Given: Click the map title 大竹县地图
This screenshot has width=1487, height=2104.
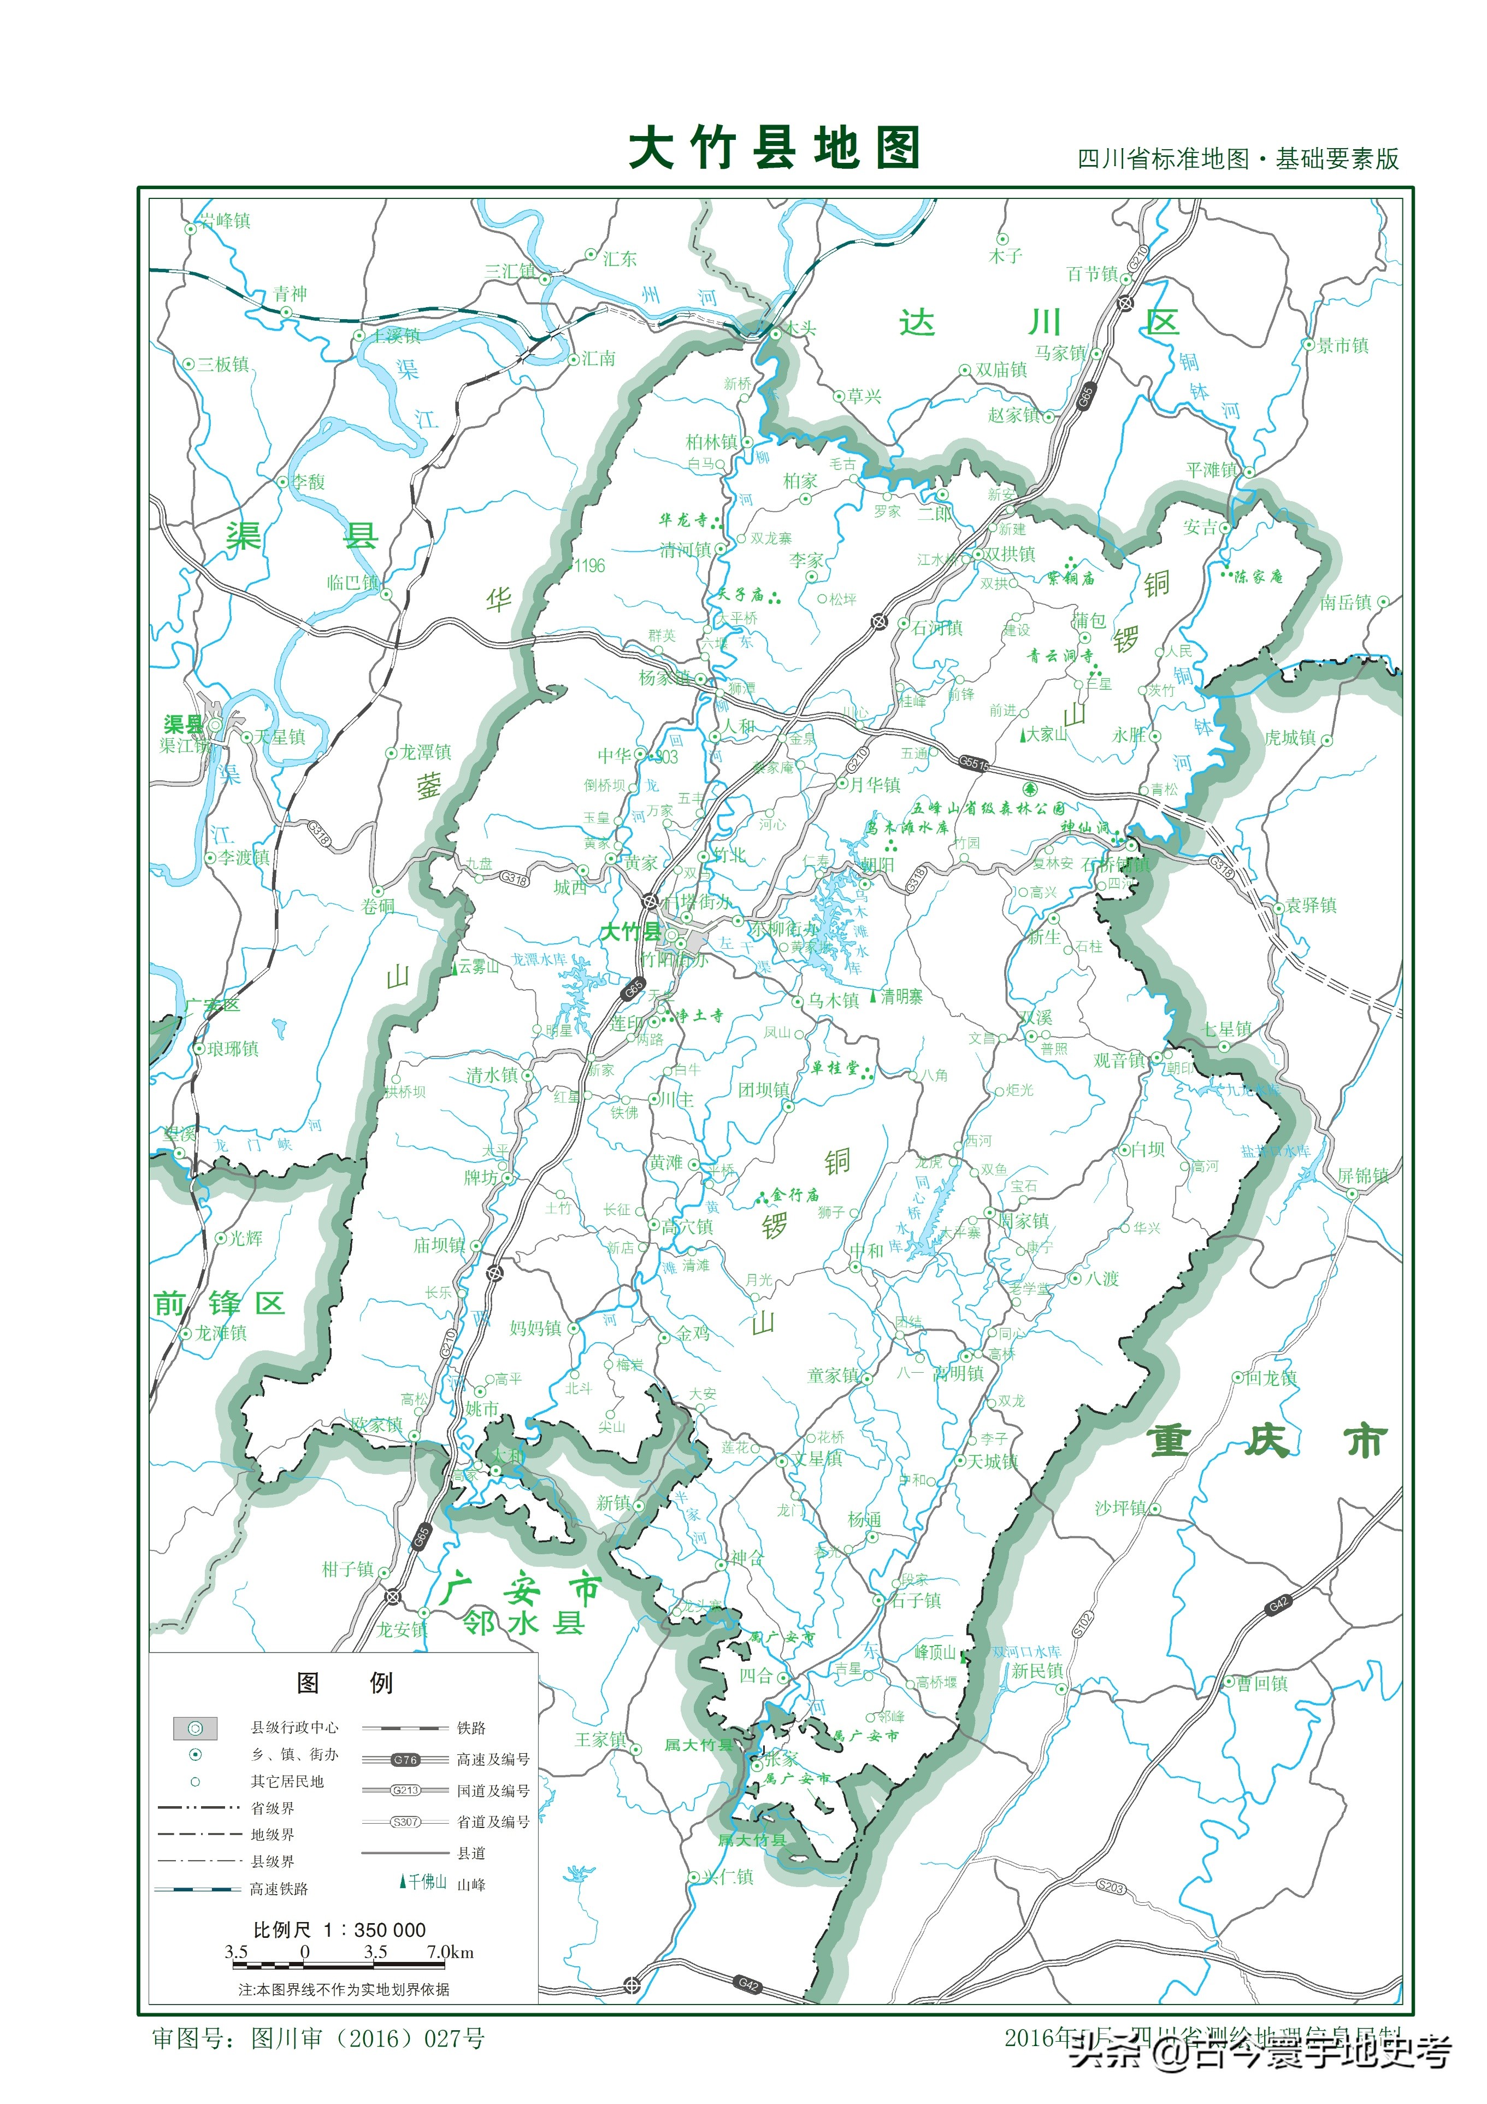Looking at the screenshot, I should pyautogui.click(x=774, y=149).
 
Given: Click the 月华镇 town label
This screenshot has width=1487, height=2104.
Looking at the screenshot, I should pyautogui.click(x=875, y=784).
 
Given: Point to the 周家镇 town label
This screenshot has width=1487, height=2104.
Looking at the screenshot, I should pyautogui.click(x=1024, y=1221).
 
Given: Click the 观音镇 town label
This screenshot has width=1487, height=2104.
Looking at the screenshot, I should pyautogui.click(x=1119, y=1060).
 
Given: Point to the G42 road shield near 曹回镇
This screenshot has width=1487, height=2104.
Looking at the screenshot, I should pyautogui.click(x=1278, y=1603).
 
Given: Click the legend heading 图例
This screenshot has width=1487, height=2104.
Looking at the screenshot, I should pyautogui.click(x=345, y=1683).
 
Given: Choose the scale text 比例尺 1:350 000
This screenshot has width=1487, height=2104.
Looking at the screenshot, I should pyautogui.click(x=339, y=1929).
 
